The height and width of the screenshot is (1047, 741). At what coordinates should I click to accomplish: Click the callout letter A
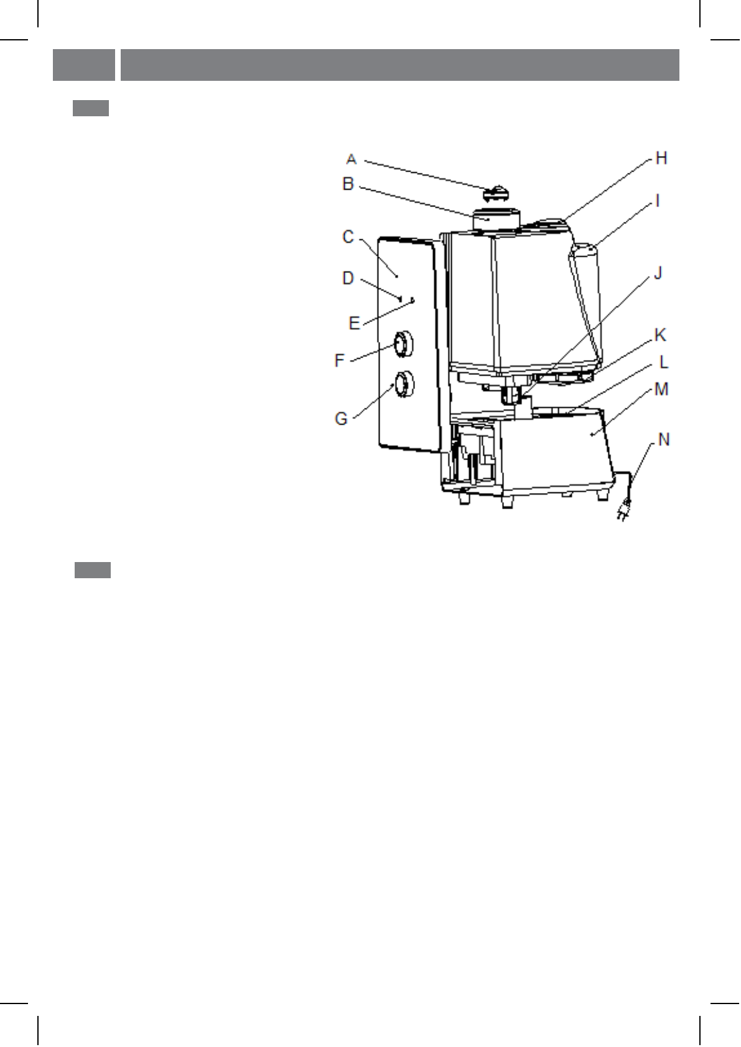tap(352, 160)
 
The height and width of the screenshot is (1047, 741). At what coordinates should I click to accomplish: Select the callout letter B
tap(348, 183)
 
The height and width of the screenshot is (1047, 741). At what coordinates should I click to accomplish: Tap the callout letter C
tap(348, 237)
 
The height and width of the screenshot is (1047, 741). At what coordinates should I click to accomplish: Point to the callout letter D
tap(348, 279)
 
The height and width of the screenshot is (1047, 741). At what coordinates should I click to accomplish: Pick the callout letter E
tap(355, 323)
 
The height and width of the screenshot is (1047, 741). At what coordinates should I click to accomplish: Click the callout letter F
tap(340, 361)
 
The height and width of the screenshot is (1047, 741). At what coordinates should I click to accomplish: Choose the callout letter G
tap(341, 418)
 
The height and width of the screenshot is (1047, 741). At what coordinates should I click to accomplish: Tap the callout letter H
tap(661, 159)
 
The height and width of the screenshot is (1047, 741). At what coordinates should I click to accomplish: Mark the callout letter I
tap(658, 201)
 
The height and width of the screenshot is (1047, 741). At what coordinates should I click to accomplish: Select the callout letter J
tap(658, 272)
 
